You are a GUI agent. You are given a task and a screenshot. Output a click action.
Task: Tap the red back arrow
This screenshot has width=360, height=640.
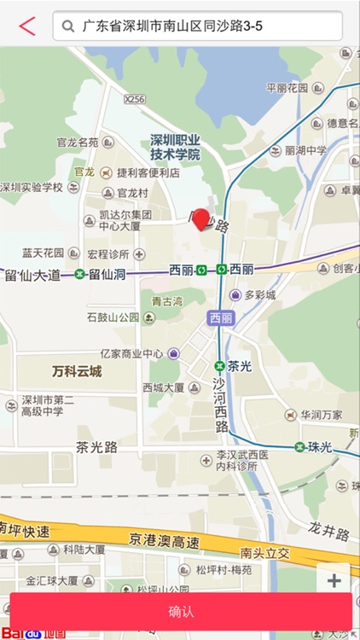click(27, 26)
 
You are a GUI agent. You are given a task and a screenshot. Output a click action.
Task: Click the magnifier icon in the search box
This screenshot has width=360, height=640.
click(69, 26)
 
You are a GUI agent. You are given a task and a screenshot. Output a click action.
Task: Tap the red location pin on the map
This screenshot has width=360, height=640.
click(202, 219)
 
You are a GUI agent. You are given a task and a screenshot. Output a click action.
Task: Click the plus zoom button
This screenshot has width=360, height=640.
click(334, 581)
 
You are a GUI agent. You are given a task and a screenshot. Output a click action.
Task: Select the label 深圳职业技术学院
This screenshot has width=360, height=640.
click(175, 147)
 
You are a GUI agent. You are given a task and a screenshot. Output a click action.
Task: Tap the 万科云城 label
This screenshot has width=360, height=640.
click(77, 371)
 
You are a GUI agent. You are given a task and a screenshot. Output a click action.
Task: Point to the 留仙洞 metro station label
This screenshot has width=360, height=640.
click(107, 275)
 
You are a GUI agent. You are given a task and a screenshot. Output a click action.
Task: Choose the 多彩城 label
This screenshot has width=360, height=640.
click(259, 295)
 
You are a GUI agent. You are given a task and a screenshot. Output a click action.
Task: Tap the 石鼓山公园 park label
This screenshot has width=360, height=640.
click(113, 317)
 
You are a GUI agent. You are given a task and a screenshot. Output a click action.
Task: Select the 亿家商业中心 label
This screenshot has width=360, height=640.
click(131, 353)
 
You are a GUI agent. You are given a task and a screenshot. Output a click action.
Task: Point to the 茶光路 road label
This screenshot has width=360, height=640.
click(96, 447)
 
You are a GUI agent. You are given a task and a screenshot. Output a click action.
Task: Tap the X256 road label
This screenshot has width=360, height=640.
click(135, 100)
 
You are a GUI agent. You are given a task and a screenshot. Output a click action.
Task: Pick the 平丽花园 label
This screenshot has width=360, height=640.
click(287, 87)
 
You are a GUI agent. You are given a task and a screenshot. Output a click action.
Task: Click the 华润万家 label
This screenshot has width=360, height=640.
click(321, 416)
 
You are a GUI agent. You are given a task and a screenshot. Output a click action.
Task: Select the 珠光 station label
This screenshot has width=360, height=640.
click(319, 446)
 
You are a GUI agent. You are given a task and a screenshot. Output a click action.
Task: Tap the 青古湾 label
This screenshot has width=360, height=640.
click(167, 301)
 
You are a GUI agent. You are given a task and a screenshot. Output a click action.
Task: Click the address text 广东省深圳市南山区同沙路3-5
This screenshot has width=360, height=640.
click(172, 26)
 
